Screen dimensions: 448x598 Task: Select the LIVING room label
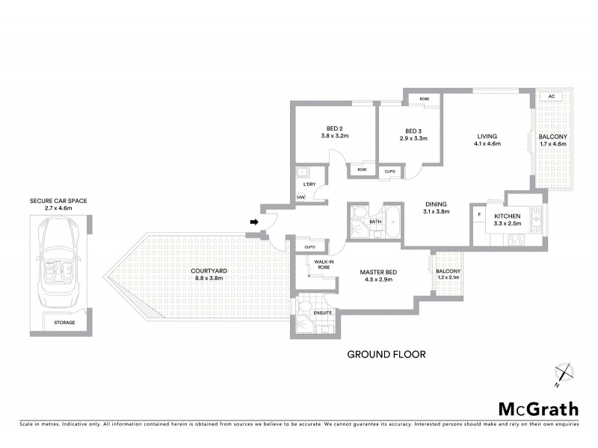coord(487,137)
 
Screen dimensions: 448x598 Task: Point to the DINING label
coord(437,204)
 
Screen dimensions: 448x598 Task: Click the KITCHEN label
coord(508,217)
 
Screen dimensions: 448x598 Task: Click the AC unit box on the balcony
coord(551,97)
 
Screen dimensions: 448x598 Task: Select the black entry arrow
coord(254,222)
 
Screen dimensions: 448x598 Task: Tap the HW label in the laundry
coord(300,197)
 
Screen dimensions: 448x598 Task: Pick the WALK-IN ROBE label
coord(323,264)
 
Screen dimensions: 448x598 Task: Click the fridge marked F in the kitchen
coord(479,217)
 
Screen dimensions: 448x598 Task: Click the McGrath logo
coord(537,408)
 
